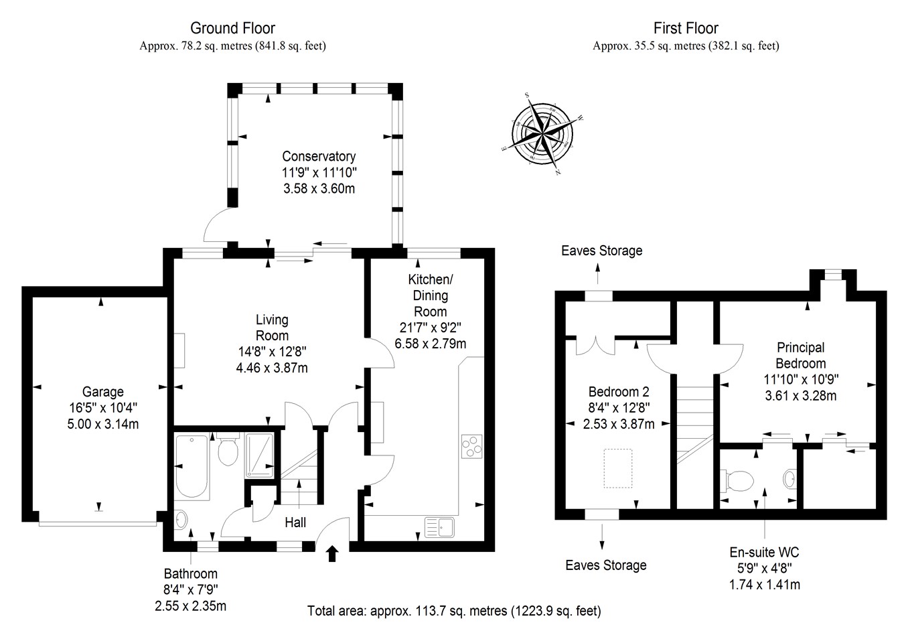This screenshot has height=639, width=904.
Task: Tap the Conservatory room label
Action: (318, 157)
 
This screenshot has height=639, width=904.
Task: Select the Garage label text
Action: (102, 392)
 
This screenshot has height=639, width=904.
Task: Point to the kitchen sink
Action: (439, 527)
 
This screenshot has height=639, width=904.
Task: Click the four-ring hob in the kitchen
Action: (472, 446)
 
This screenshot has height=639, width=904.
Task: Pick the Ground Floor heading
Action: (232, 28)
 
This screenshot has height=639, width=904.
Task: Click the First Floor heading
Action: (686, 28)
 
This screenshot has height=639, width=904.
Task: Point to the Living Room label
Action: (272, 328)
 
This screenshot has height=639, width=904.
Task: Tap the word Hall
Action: (295, 522)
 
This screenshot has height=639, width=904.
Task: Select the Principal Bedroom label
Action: (800, 356)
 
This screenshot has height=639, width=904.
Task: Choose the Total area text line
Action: (454, 611)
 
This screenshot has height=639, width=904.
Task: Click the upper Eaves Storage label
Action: (601, 251)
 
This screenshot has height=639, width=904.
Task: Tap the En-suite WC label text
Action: (764, 553)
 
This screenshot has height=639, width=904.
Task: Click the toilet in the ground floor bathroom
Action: (228, 451)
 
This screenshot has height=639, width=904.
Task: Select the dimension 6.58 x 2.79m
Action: (431, 344)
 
